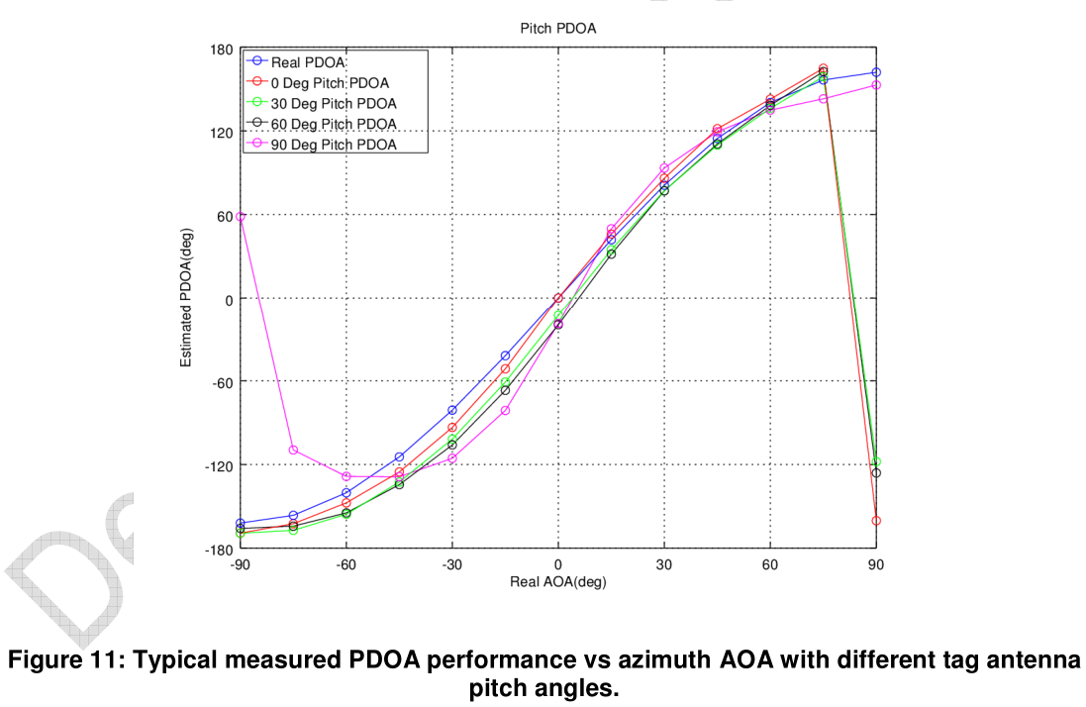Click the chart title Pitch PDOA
point(557,29)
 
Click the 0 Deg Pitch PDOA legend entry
point(330,82)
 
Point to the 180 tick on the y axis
point(221,50)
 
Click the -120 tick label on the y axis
point(218,464)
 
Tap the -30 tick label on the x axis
point(451,564)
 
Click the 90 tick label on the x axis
point(875,564)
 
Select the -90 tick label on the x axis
point(240,564)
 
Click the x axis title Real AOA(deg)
point(557,582)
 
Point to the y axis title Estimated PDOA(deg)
point(186,298)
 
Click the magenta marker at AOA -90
point(241,216)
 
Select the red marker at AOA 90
point(876,521)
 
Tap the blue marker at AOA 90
point(876,72)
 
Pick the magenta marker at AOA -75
point(293,450)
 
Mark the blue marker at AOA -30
point(452,410)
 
